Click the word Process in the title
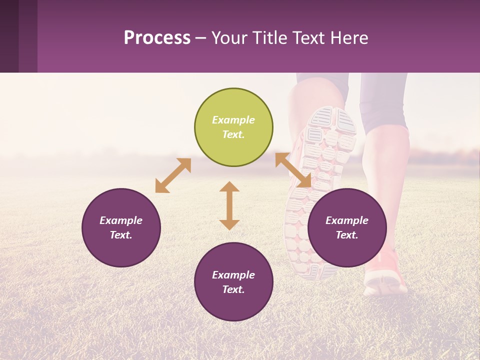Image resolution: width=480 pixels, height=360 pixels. pyautogui.click(x=157, y=38)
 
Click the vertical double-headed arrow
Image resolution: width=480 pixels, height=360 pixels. pyautogui.click(x=229, y=205)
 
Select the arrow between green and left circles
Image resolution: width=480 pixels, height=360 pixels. pyautogui.click(x=173, y=175)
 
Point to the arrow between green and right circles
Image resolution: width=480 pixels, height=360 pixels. pyautogui.click(x=293, y=170)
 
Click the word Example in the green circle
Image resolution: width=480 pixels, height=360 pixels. pyautogui.click(x=233, y=120)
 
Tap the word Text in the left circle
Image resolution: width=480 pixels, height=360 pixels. pyautogui.click(x=121, y=235)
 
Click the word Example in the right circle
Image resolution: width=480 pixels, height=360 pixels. pyautogui.click(x=347, y=220)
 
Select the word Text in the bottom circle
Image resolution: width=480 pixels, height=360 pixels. pyautogui.click(x=233, y=289)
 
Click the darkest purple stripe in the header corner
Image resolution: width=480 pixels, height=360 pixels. pyautogui.click(x=9, y=36)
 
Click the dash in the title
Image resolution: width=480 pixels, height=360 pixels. pyautogui.click(x=201, y=38)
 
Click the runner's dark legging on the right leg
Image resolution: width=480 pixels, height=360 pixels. pyautogui.click(x=385, y=100)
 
